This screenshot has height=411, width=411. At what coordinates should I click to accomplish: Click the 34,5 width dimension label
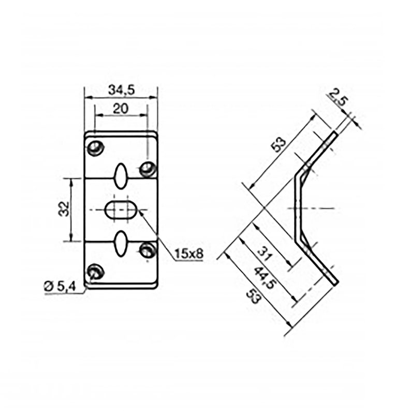point(121,90)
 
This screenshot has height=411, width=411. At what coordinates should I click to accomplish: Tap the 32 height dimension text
point(64,209)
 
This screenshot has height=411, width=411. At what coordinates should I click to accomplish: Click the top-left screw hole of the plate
point(95,148)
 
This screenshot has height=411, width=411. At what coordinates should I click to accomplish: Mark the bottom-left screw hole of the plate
point(95,271)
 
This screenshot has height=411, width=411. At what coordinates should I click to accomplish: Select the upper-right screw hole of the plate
point(148,169)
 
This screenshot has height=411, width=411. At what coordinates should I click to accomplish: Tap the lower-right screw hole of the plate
point(148,251)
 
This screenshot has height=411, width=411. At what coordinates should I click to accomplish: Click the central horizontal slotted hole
point(121,210)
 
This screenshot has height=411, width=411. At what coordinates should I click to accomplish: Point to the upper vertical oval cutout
point(121,177)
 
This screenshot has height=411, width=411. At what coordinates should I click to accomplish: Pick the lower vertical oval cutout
point(121,243)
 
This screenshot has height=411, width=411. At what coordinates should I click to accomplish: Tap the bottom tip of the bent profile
point(335,282)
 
